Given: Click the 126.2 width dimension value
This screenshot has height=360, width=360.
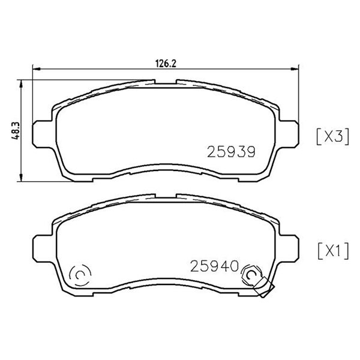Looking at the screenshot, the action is [x=166, y=64].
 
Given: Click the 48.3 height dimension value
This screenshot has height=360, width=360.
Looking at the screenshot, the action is [x=16, y=131].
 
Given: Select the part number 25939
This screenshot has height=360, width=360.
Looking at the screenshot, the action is [x=231, y=152].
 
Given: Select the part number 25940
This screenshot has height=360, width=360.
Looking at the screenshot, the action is [x=214, y=266].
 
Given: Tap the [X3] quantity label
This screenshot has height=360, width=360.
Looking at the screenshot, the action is [x=332, y=137].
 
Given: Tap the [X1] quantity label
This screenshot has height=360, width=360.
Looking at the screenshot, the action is [x=333, y=251].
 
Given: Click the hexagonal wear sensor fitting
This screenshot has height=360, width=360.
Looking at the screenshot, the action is [x=251, y=274].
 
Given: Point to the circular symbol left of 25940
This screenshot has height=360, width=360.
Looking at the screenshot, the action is [x=80, y=275].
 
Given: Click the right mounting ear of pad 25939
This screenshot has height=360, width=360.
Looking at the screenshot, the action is [x=289, y=134].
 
